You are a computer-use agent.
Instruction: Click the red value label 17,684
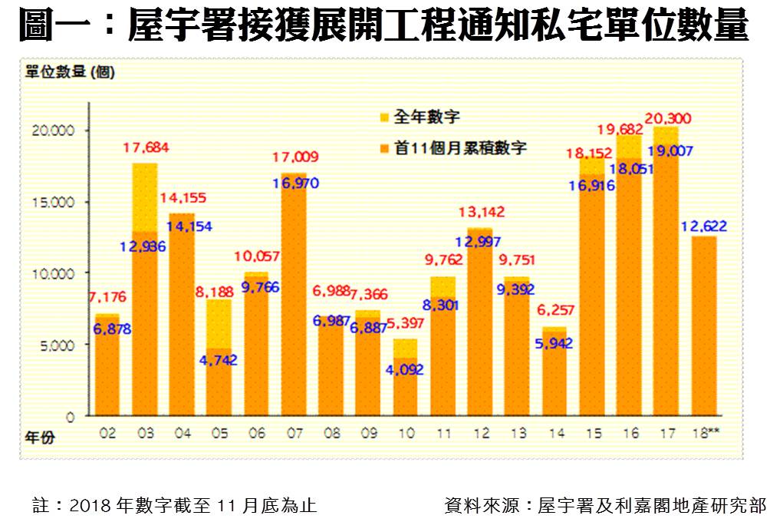(146, 147)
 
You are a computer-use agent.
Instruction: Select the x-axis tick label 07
(295, 434)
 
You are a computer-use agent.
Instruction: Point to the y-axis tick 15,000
(56, 202)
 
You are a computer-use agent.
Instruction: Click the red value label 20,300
(669, 118)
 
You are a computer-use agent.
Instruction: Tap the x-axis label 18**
(705, 434)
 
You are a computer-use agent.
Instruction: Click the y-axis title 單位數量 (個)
(70, 73)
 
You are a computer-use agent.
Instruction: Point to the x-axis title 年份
(41, 438)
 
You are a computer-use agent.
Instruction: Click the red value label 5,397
(407, 323)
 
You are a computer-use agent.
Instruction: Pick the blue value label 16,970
(295, 183)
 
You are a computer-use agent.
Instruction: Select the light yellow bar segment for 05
(219, 322)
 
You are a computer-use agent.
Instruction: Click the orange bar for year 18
(705, 326)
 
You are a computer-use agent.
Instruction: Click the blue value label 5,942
(556, 343)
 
